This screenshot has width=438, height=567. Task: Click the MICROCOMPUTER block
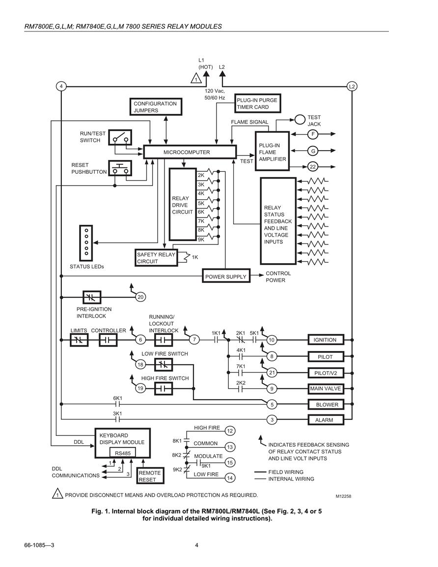click(x=190, y=152)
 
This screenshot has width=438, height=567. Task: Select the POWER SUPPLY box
click(x=226, y=276)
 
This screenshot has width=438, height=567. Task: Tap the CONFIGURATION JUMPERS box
click(x=156, y=107)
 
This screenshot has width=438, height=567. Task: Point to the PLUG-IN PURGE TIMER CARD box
click(x=258, y=104)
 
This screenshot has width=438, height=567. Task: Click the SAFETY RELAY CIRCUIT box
click(x=156, y=258)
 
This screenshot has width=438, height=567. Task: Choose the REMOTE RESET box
click(x=150, y=476)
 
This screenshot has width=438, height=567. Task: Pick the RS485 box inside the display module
click(x=123, y=453)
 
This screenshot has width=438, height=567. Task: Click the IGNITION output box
click(x=325, y=340)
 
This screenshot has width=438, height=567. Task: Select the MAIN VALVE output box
click(x=325, y=389)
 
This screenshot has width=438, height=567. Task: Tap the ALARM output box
click(x=325, y=420)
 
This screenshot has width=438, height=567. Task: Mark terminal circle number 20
click(x=140, y=297)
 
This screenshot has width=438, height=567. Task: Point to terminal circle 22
click(x=313, y=167)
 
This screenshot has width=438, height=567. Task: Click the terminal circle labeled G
click(x=313, y=151)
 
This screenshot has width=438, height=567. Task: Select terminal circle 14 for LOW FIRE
click(x=230, y=478)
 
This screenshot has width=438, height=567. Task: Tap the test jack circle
click(x=300, y=119)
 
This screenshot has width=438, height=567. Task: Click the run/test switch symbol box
click(x=120, y=137)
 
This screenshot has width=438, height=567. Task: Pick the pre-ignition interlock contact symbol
click(x=92, y=297)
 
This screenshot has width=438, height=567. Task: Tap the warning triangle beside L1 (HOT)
click(x=196, y=78)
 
